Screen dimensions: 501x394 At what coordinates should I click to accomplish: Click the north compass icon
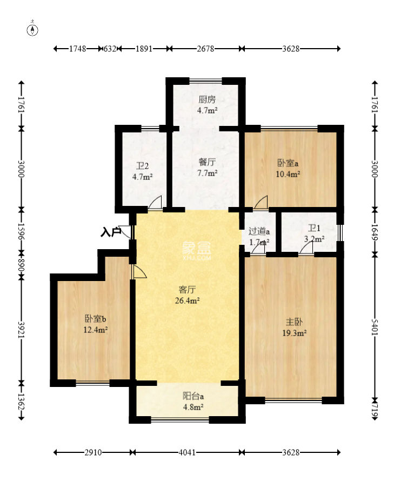[33, 29]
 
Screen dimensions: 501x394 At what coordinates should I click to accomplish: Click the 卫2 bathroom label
[142, 166]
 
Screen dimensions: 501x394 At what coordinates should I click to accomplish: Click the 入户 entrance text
[111, 232]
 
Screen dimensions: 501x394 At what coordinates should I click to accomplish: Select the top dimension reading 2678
[206, 49]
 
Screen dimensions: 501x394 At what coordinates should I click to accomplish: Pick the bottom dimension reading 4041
[187, 452]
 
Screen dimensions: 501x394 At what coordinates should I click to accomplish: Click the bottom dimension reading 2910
[92, 452]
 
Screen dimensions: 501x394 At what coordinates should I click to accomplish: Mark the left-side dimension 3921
[22, 329]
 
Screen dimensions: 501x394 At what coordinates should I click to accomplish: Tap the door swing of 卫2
[155, 203]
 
